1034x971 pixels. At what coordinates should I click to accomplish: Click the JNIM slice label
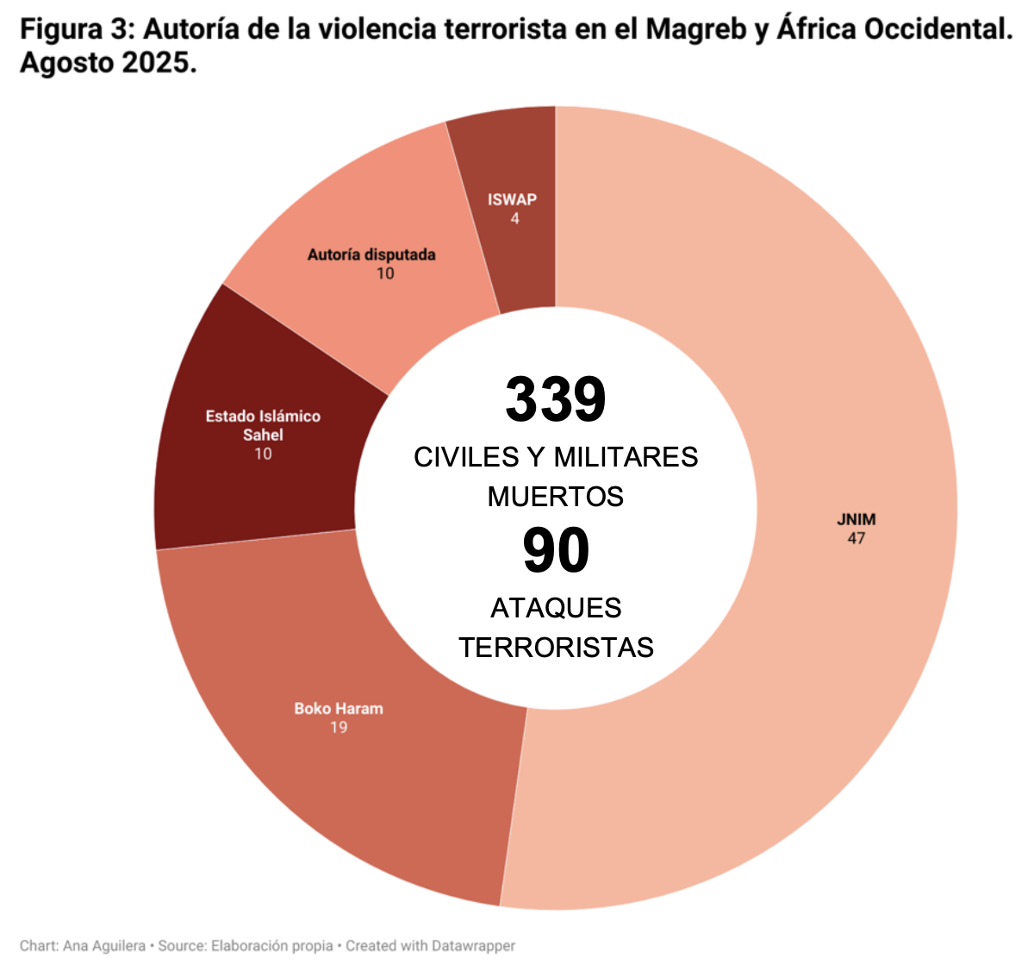[x=856, y=519]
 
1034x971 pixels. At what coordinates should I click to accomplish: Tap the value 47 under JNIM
[x=856, y=538]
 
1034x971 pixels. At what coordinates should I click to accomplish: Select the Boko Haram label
[x=339, y=708]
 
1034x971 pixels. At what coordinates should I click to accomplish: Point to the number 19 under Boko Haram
[x=339, y=727]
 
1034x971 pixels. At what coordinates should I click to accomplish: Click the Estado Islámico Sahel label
[x=263, y=425]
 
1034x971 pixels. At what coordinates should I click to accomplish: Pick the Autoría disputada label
[x=371, y=254]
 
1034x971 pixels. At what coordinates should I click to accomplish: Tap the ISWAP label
[x=512, y=199]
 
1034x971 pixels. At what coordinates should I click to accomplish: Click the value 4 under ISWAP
[x=514, y=218]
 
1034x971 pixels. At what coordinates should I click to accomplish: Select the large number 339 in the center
[x=556, y=399]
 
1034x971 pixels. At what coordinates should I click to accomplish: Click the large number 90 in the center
[x=556, y=550]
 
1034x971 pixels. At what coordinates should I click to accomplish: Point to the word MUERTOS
[x=556, y=497]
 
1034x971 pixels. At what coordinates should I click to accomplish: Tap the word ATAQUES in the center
[x=556, y=608]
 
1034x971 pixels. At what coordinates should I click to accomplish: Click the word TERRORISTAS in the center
[x=556, y=647]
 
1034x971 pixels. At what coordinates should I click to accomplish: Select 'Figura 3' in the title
[x=73, y=29]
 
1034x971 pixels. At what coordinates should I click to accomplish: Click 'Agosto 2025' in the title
[x=107, y=63]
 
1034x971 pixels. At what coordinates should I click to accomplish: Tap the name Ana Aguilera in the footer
[x=104, y=946]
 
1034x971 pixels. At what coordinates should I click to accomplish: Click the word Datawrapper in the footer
[x=472, y=946]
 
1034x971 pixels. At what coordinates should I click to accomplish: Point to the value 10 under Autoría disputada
[x=385, y=273]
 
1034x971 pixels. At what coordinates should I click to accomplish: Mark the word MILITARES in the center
[x=626, y=457]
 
